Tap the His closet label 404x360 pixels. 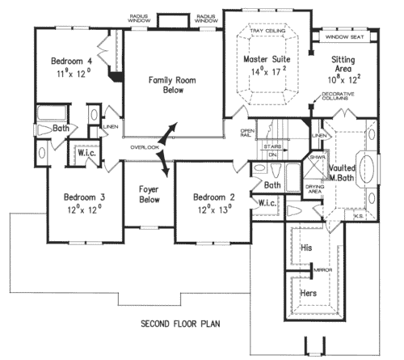[306, 248]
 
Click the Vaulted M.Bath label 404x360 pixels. [347, 172]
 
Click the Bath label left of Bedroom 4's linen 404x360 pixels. [60, 128]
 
